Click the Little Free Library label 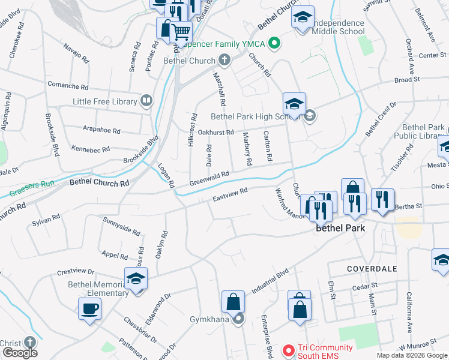point(105,101)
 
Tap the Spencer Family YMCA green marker point(275,43)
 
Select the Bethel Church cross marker point(224,59)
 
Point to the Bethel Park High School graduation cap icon point(294,104)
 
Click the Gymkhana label point(211,318)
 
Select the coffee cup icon point(90,309)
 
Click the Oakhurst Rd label point(215,132)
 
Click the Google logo point(20,353)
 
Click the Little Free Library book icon point(146,100)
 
